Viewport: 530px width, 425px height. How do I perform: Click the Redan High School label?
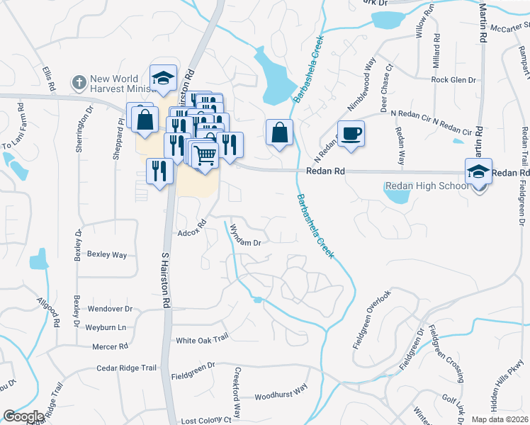[426, 186]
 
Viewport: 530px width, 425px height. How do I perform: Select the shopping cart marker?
[205, 154]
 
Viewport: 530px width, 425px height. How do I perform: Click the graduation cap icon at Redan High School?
[478, 171]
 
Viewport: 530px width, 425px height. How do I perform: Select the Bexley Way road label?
[106, 254]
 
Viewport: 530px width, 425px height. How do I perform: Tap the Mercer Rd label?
[110, 346]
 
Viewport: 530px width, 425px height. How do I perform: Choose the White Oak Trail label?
[202, 339]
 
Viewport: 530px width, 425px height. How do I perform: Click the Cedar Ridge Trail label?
[128, 368]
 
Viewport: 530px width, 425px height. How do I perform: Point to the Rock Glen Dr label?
[453, 80]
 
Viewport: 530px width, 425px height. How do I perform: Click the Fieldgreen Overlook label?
[372, 319]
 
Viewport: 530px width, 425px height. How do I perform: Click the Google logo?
[23, 416]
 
